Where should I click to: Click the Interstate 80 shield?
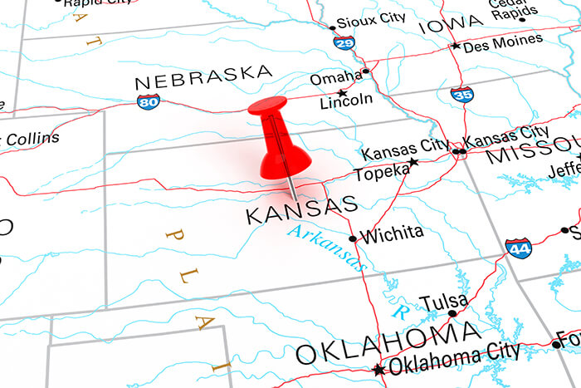pyautogui.click(x=148, y=101)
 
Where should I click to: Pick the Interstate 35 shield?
pyautogui.click(x=462, y=93)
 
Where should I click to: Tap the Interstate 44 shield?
pyautogui.click(x=517, y=248)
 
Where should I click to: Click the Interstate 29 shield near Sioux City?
pyautogui.click(x=344, y=42)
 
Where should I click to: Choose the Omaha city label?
pyautogui.click(x=336, y=77)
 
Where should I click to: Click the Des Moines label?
pyautogui.click(x=503, y=42)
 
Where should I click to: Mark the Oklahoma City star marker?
pyautogui.click(x=378, y=370)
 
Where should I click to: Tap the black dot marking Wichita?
pyautogui.click(x=353, y=238)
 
